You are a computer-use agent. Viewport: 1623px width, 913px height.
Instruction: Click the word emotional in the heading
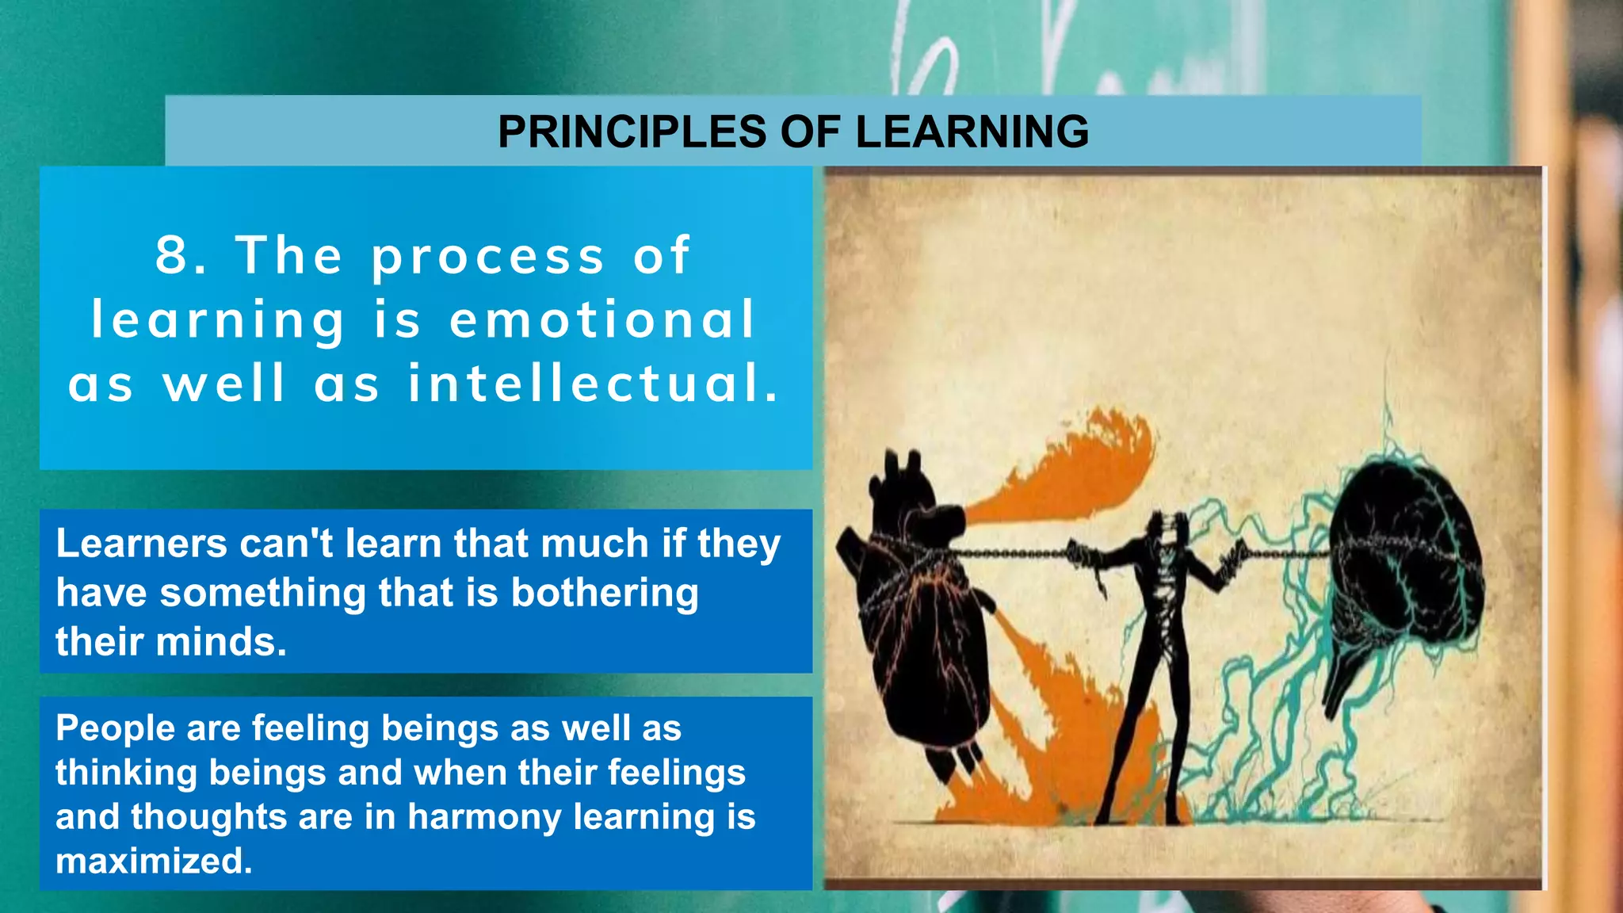click(x=602, y=319)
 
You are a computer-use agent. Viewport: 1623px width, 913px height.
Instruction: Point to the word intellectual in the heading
click(x=593, y=384)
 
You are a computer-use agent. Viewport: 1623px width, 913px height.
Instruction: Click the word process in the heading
click(x=488, y=257)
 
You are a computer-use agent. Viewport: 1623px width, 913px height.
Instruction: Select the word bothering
click(x=605, y=593)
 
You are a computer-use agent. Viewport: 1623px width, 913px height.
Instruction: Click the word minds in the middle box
click(x=216, y=642)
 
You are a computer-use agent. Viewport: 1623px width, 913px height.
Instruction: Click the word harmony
click(x=483, y=816)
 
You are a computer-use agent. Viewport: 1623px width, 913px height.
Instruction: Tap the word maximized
click(x=154, y=861)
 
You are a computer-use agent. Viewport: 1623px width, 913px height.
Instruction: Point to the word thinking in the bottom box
click(x=126, y=773)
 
